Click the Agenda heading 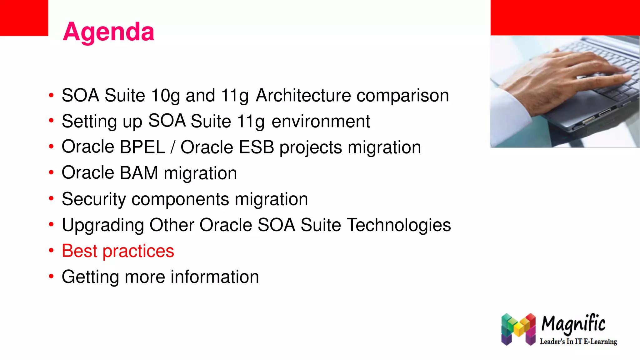[x=108, y=32]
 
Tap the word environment [x=321, y=121]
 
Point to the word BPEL [x=142, y=147]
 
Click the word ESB [x=256, y=147]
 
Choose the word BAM [x=139, y=173]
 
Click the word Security [x=94, y=199]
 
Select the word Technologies [x=399, y=225]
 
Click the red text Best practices [x=118, y=251]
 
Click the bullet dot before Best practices [x=51, y=250]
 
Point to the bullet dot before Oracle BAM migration [x=51, y=172]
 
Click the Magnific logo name [x=573, y=324]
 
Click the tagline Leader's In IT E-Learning [x=578, y=342]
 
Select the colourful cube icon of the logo [x=518, y=329]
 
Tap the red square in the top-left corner [x=24, y=17]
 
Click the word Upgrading [x=103, y=225]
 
